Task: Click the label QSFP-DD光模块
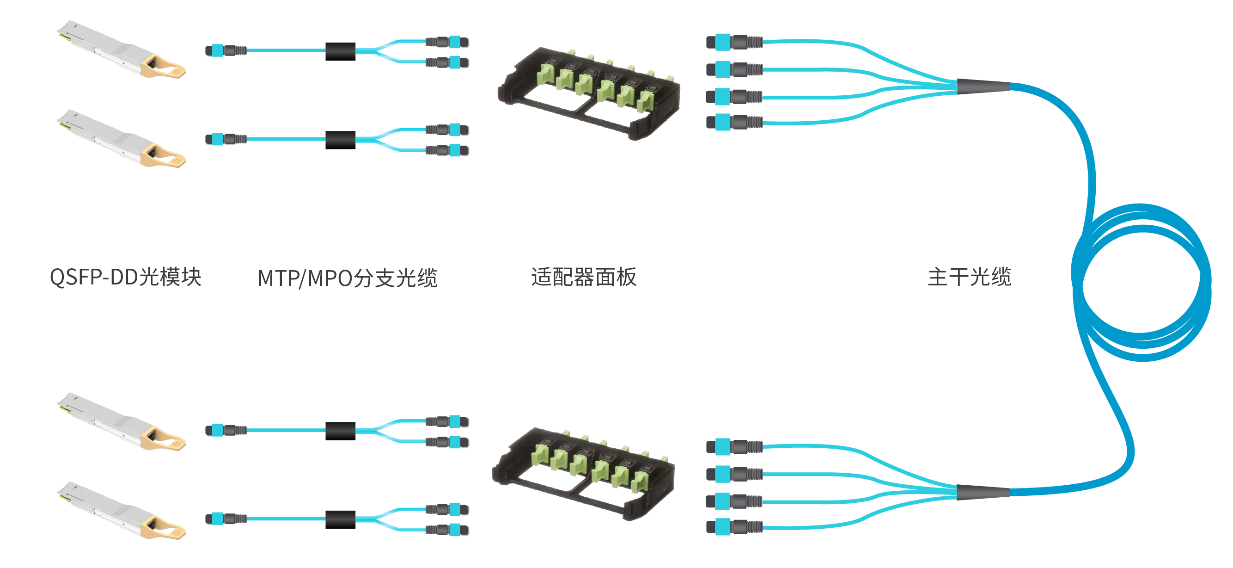(125, 277)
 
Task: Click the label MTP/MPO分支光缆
(348, 278)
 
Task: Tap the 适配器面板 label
(584, 277)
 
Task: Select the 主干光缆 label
(969, 277)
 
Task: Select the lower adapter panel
(584, 472)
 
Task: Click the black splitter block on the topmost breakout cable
(340, 51)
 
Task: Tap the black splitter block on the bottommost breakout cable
(340, 519)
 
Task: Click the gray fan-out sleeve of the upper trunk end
(983, 86)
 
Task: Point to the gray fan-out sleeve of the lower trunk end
(983, 492)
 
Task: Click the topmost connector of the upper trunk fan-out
(734, 42)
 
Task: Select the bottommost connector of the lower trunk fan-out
(734, 527)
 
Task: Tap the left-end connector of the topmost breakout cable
(225, 50)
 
